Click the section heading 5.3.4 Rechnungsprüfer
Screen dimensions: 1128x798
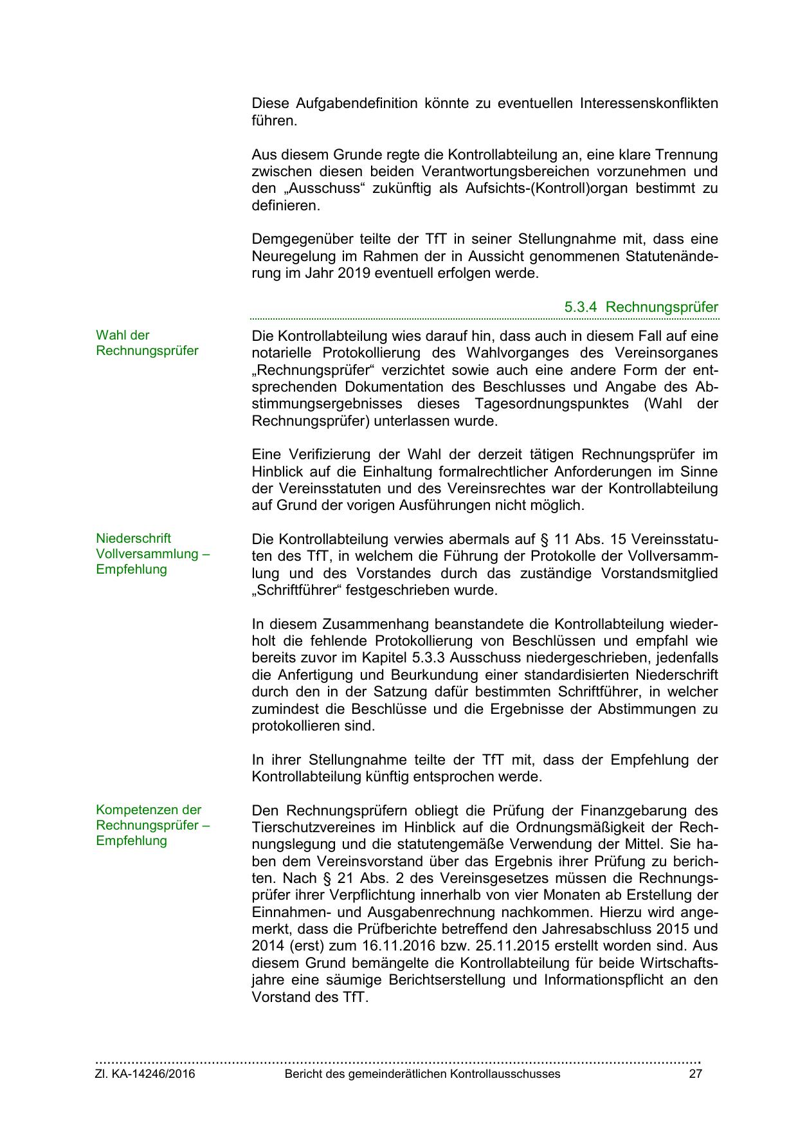pyautogui.click(x=641, y=307)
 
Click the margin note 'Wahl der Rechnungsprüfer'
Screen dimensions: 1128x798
pyautogui.click(x=147, y=343)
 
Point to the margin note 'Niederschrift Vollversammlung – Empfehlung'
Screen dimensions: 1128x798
pyautogui.click(x=153, y=554)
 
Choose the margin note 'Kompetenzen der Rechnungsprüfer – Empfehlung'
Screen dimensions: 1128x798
pyautogui.click(x=153, y=825)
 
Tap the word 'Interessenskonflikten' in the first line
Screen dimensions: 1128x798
pyautogui.click(x=649, y=104)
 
